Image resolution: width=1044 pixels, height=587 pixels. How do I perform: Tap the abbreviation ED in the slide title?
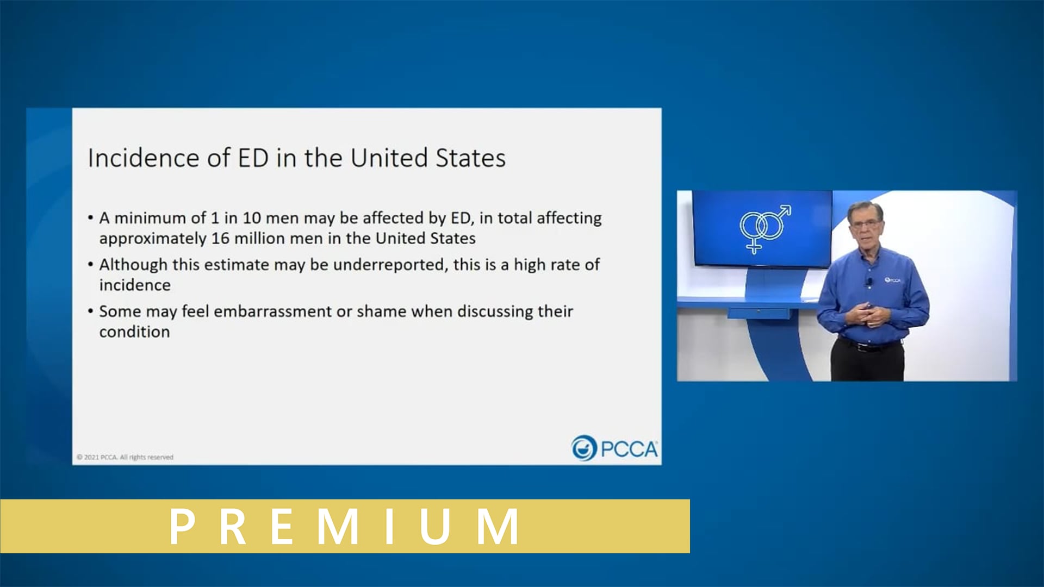pos(253,158)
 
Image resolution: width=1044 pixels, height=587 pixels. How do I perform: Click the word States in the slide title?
pos(470,158)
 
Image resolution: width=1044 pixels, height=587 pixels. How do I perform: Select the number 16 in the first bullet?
pos(220,239)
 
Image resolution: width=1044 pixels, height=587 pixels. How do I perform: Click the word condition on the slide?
pos(134,332)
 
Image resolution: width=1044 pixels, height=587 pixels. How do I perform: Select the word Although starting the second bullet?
pos(133,265)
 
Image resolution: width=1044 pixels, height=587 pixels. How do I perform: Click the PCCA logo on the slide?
pos(614,448)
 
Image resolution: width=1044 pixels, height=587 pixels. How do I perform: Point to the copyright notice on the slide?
pos(125,457)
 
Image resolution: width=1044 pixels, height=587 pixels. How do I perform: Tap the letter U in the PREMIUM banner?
pos(435,526)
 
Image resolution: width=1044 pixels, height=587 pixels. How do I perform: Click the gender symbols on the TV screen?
pos(764,228)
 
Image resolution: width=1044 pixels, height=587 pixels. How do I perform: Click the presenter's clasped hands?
pos(867,314)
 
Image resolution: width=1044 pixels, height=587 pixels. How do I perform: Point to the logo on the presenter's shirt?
pos(892,280)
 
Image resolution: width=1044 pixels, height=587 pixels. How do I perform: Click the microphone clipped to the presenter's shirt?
pos(869,282)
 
